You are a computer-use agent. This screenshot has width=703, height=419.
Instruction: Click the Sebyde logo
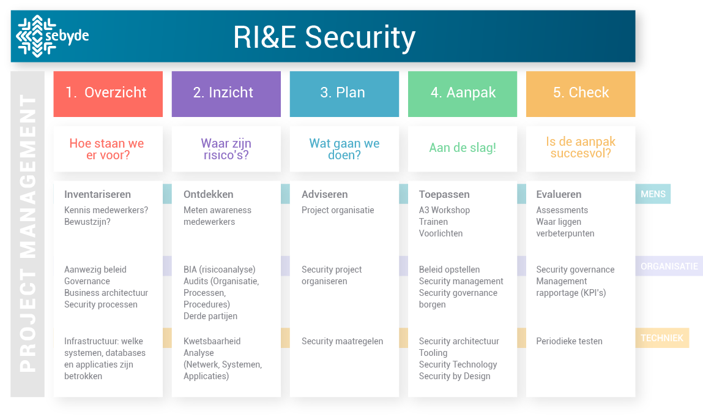[52, 36]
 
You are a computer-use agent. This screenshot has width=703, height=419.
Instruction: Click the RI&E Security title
[324, 37]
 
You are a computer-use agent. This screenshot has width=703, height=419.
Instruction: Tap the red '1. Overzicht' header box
[108, 93]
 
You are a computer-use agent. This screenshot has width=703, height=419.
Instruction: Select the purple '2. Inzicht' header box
[225, 93]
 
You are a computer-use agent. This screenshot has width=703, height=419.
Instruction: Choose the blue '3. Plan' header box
[343, 93]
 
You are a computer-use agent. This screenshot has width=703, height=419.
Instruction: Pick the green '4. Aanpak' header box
[463, 93]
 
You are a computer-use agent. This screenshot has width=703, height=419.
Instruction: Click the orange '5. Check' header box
[580, 93]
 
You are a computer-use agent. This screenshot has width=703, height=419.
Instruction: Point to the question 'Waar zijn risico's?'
[226, 149]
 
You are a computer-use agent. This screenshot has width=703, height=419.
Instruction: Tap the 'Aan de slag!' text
[463, 148]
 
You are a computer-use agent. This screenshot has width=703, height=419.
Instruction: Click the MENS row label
[653, 195]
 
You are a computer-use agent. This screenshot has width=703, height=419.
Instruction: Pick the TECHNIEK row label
[662, 338]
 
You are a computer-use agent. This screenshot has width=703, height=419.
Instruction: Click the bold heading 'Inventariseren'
[97, 194]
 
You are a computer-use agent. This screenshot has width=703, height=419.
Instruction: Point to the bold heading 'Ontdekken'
[208, 194]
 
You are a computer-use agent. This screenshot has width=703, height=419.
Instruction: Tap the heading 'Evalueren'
[559, 194]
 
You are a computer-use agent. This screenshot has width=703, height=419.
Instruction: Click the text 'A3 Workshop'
[444, 210]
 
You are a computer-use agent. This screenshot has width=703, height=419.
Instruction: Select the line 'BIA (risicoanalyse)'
[219, 270]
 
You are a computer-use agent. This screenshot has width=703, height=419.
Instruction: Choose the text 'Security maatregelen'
[342, 341]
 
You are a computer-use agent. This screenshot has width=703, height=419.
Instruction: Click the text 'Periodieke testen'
[569, 341]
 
